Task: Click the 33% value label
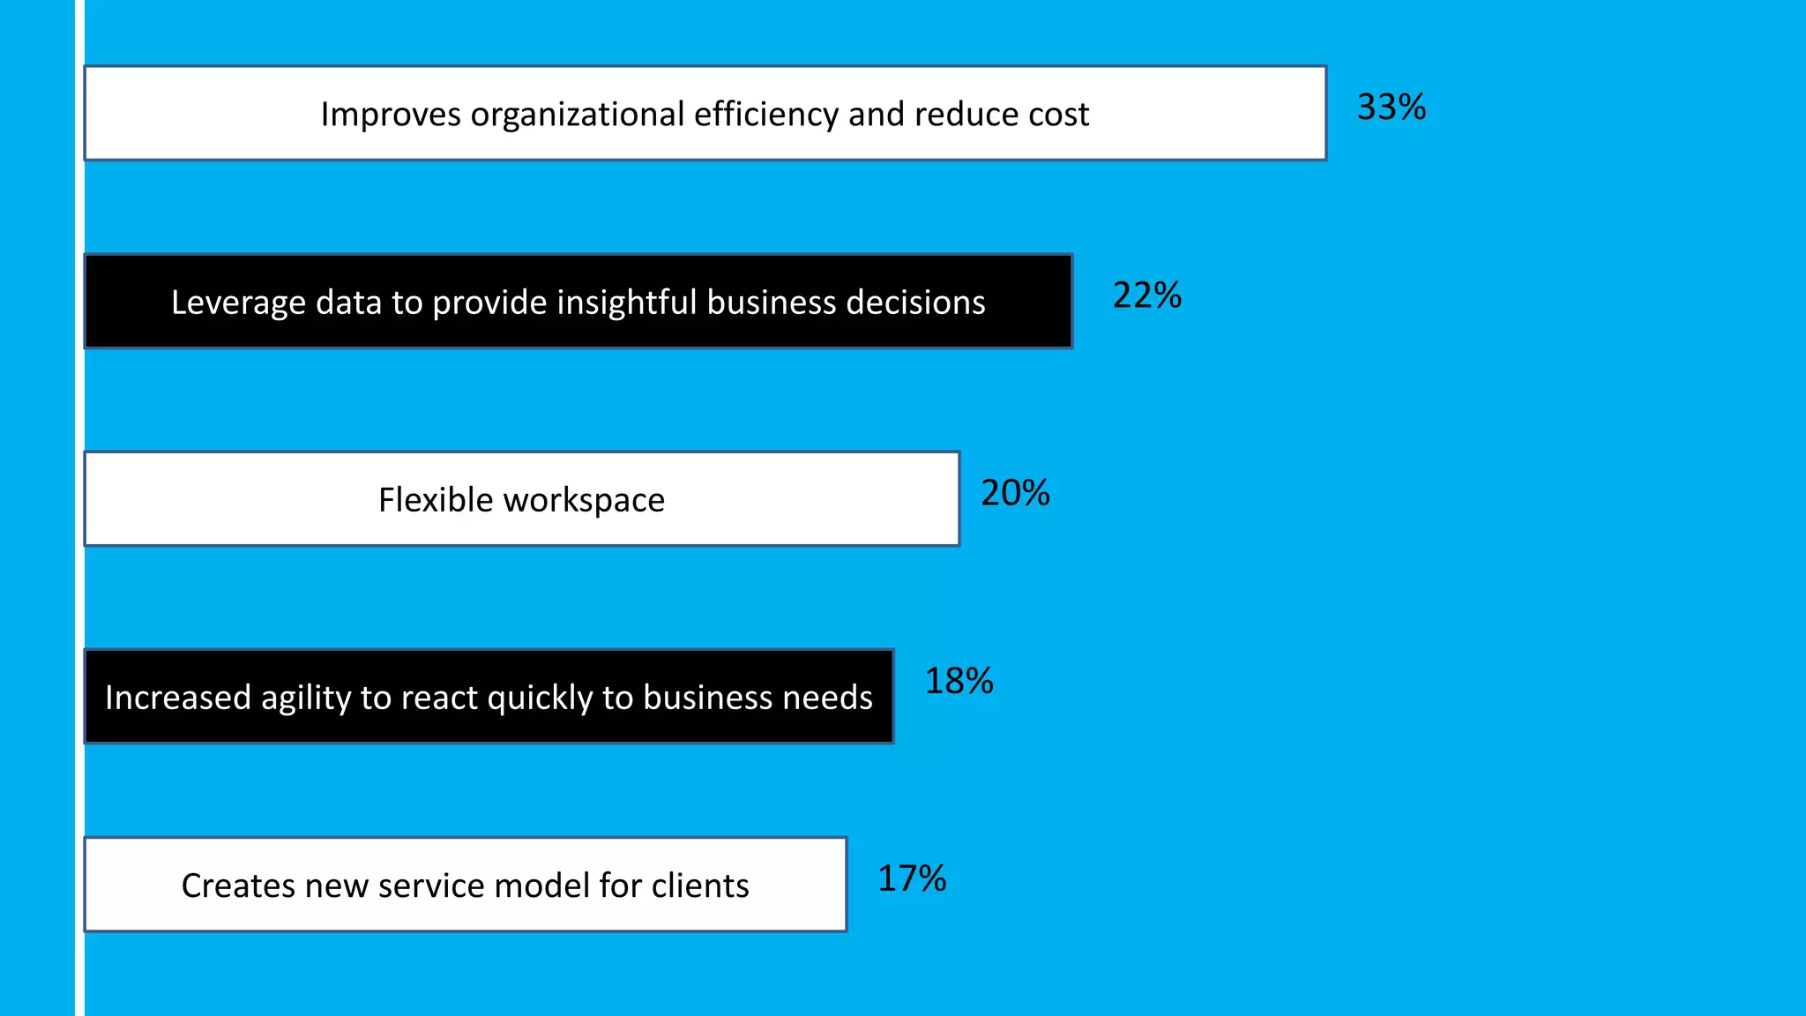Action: tap(1391, 108)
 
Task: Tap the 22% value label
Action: tap(1146, 295)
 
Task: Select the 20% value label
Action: tap(1015, 493)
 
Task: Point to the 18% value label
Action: tap(959, 681)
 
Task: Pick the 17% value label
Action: tap(912, 878)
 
